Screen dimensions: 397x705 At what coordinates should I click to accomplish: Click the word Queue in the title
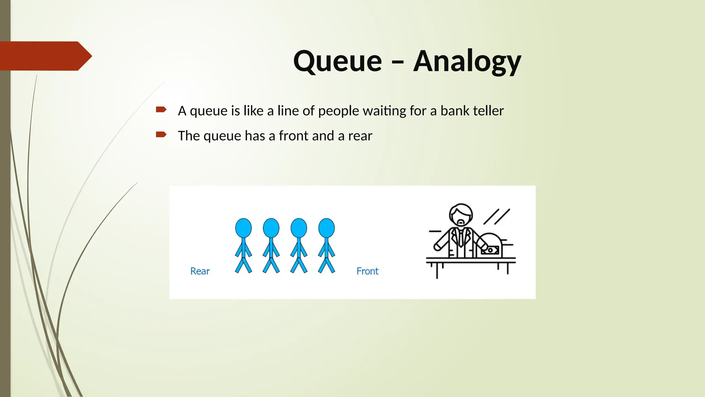[337, 61]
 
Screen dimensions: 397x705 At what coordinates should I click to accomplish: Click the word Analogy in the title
[467, 61]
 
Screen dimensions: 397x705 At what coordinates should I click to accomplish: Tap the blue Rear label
[200, 271]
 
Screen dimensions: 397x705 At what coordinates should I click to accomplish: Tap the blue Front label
[367, 271]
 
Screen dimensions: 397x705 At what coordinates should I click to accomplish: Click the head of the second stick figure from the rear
[271, 228]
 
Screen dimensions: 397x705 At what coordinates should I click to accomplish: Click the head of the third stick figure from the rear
[299, 228]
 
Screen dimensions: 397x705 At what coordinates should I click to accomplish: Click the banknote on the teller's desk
[490, 250]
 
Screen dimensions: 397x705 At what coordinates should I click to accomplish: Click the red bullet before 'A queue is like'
[161, 110]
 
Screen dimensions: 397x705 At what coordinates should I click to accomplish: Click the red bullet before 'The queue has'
[161, 134]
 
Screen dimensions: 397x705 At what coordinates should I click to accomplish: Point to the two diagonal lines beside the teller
[497, 216]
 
